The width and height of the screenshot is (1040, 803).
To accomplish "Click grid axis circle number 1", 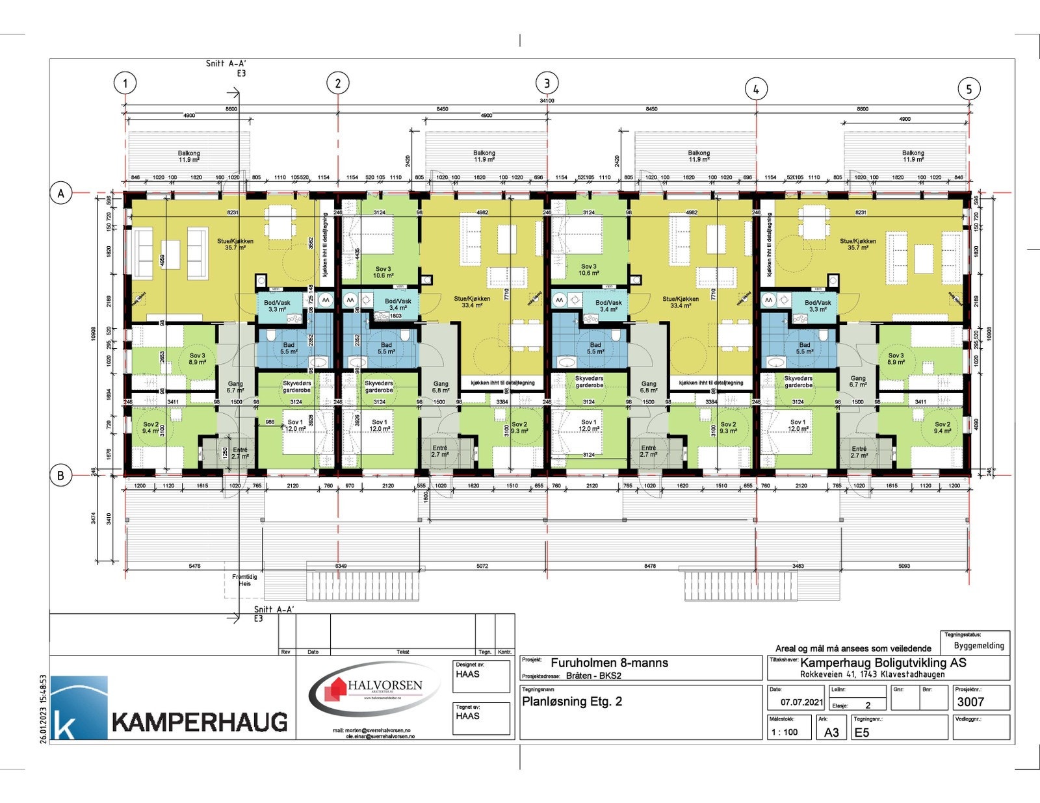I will (125, 83).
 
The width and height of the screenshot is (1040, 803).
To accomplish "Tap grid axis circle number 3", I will (547, 83).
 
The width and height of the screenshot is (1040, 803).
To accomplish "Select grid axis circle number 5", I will (968, 89).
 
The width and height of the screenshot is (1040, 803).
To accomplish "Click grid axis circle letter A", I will (61, 194).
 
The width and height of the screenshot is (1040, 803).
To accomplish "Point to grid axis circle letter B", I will (60, 476).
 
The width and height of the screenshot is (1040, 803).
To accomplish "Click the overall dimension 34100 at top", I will (547, 101).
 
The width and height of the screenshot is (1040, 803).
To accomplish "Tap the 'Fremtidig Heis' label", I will (244, 580).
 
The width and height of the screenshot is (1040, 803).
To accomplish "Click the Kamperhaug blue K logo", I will (79, 707).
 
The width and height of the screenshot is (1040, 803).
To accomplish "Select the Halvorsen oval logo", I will (374, 691).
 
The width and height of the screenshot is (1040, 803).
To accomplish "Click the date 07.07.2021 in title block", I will (802, 702).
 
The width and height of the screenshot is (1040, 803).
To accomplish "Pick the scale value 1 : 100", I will (784, 732).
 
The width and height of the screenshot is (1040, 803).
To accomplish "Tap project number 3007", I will (970, 702).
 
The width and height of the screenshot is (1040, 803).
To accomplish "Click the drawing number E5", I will (862, 733).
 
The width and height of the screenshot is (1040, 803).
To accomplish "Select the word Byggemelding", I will (979, 646).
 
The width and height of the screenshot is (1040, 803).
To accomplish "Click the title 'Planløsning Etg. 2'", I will (572, 702).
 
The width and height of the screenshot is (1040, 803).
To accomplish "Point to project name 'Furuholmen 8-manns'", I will (609, 663).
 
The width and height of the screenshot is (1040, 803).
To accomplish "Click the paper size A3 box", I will (831, 733).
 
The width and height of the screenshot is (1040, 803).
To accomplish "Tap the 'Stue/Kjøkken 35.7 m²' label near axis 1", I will (235, 244).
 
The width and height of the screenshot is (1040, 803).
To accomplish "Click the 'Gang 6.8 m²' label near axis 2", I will (441, 387).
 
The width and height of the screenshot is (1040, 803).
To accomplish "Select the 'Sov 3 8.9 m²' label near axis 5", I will (896, 359).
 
